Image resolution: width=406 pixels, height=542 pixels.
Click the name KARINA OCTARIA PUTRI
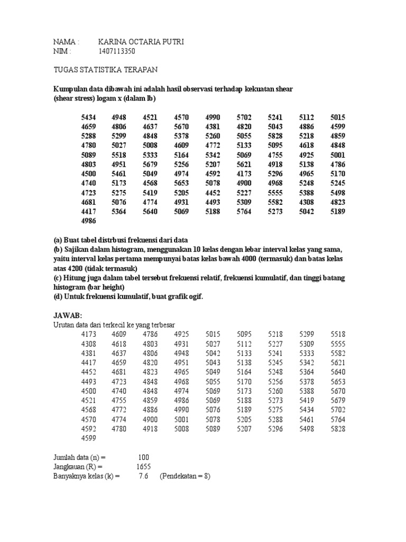coord(141,42)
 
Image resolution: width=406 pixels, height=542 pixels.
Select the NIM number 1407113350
coord(117,51)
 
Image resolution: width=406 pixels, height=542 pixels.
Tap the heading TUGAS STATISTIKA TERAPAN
coord(106,70)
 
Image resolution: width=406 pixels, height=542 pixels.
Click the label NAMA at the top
coord(66,42)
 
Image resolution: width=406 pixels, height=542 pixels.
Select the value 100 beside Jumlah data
coord(143,457)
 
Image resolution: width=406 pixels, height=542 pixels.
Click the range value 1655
coord(143,466)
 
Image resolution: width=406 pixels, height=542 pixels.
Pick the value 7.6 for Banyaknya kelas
coord(143,476)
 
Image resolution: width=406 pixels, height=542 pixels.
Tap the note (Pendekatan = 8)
coord(186,476)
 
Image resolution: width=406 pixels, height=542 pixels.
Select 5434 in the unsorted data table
coord(89,117)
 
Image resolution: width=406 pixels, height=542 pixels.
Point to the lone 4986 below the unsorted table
coord(89,222)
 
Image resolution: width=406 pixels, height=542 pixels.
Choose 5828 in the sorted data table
coord(338,429)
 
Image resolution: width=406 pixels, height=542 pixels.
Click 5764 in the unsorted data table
coord(245,212)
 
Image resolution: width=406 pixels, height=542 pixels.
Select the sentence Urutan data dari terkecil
coord(114,324)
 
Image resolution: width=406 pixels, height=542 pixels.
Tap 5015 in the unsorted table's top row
coord(338,117)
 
